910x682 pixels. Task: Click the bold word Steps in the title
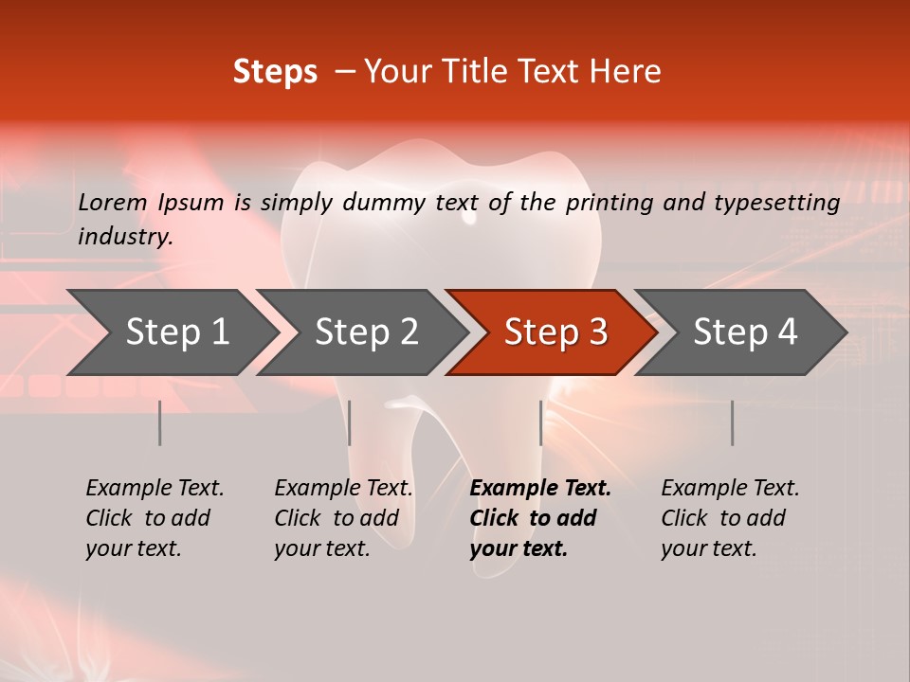point(275,72)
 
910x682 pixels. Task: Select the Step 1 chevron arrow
point(171,332)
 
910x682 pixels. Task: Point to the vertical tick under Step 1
point(160,422)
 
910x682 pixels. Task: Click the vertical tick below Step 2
point(350,422)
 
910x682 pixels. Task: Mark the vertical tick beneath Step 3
point(541,422)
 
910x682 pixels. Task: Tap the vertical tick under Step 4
point(733,422)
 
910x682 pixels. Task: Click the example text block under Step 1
point(155,518)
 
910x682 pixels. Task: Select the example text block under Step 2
point(343,518)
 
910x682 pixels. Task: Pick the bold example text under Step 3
point(539,518)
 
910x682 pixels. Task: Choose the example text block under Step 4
point(730,518)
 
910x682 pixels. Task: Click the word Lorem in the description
point(113,202)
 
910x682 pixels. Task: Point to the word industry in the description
point(124,236)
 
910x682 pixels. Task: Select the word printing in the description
point(610,202)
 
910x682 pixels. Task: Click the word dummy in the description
point(385,202)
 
